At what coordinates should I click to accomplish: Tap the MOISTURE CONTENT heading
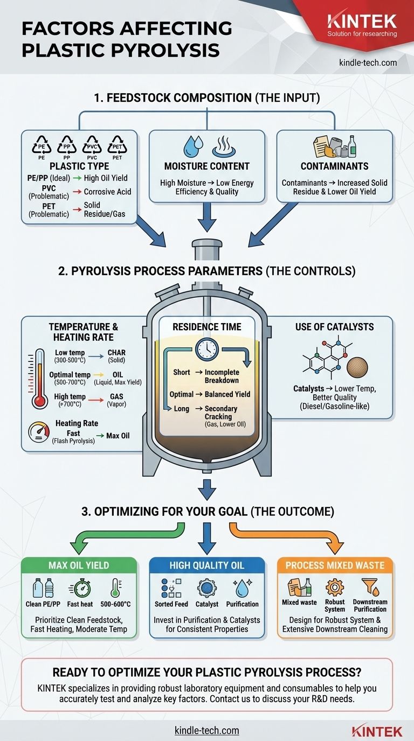207,166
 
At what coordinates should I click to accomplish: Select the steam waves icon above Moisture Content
222,145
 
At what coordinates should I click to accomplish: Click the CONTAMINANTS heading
334,166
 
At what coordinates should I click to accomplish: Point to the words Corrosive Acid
107,191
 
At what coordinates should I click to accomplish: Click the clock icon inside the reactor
207,349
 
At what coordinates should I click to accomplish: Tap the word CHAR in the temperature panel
117,352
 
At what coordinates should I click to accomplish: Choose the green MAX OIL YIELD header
79,565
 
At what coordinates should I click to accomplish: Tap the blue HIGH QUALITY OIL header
207,565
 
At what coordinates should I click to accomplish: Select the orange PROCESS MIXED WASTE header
335,565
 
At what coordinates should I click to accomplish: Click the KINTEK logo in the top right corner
362,22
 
